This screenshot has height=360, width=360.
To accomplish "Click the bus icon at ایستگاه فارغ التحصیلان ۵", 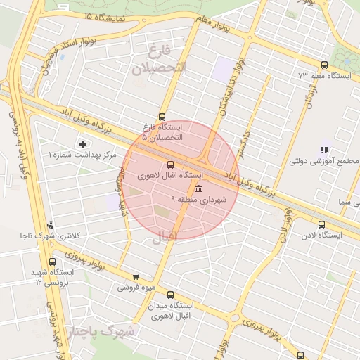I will coord(163,117).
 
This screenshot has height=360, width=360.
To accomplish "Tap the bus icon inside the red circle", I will coord(171,165).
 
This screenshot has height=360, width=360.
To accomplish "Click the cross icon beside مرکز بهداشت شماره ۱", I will coord(82,144).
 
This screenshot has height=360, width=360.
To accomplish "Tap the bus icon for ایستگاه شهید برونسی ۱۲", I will coord(53,262).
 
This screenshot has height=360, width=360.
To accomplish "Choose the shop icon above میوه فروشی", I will coord(136,276).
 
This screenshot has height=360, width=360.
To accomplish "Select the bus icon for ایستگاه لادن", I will coord(321,225).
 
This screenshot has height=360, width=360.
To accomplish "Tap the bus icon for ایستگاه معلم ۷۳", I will coord(323,64).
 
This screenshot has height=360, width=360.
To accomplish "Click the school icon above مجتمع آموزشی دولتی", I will coord(324,150).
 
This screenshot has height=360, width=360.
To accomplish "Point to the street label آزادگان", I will coord(309,93).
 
